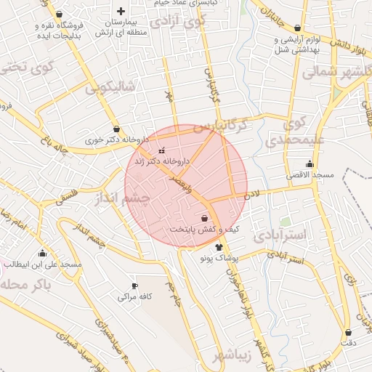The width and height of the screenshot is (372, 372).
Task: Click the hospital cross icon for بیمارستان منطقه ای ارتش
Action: (121, 11)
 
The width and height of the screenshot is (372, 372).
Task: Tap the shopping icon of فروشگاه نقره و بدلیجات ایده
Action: (59, 14)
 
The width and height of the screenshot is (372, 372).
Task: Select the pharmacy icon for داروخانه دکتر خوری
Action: (116, 129)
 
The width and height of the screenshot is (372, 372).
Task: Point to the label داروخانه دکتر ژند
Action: (164, 161)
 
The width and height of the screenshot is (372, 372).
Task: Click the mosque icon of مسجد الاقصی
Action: (310, 163)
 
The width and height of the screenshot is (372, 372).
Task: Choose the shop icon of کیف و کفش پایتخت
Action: (204, 218)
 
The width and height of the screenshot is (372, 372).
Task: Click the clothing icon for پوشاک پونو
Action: (219, 247)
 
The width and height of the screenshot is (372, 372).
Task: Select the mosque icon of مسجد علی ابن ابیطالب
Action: (42, 254)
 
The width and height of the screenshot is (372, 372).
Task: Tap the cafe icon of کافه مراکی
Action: (134, 286)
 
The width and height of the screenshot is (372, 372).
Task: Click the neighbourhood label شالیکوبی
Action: (110, 88)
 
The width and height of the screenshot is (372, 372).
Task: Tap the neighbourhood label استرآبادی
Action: (283, 235)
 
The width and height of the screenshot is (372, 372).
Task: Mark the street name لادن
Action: (251, 194)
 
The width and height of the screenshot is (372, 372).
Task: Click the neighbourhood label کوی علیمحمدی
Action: (286, 131)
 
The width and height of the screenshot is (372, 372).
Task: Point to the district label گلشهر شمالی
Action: (336, 72)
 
